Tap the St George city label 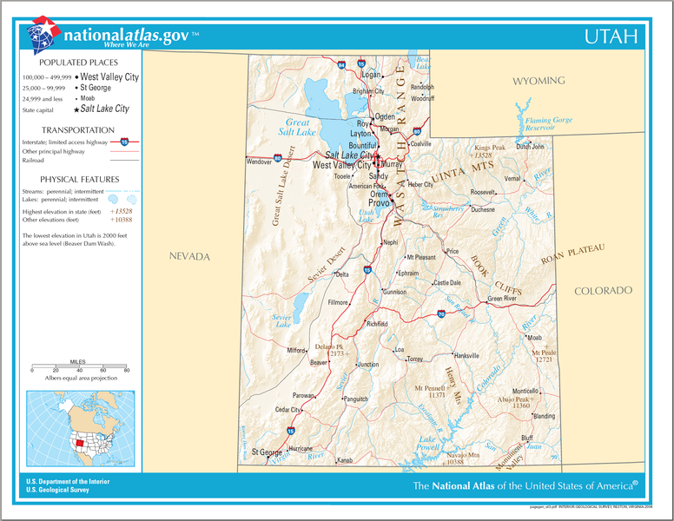(x=267, y=452)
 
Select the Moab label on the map (x=534, y=337)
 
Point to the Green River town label (x=501, y=299)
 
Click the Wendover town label (x=260, y=162)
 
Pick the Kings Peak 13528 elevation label (x=489, y=151)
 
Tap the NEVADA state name (x=189, y=257)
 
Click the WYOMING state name (x=538, y=81)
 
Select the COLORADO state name (x=603, y=290)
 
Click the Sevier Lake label (x=282, y=321)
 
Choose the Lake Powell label (x=427, y=444)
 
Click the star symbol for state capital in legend (x=76, y=109)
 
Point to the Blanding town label (x=544, y=416)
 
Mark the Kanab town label (x=345, y=459)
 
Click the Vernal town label (x=512, y=178)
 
